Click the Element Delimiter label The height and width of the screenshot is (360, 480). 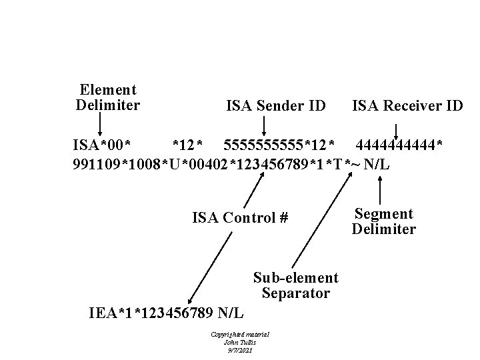108,97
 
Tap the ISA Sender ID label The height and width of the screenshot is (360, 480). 276,105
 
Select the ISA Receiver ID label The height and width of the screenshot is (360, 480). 407,105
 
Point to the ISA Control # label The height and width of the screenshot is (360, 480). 240,217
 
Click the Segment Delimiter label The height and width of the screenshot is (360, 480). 383,221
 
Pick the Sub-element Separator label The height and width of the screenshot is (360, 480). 295,285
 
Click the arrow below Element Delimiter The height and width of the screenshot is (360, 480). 100,125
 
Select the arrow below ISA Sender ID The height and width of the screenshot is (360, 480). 264,125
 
